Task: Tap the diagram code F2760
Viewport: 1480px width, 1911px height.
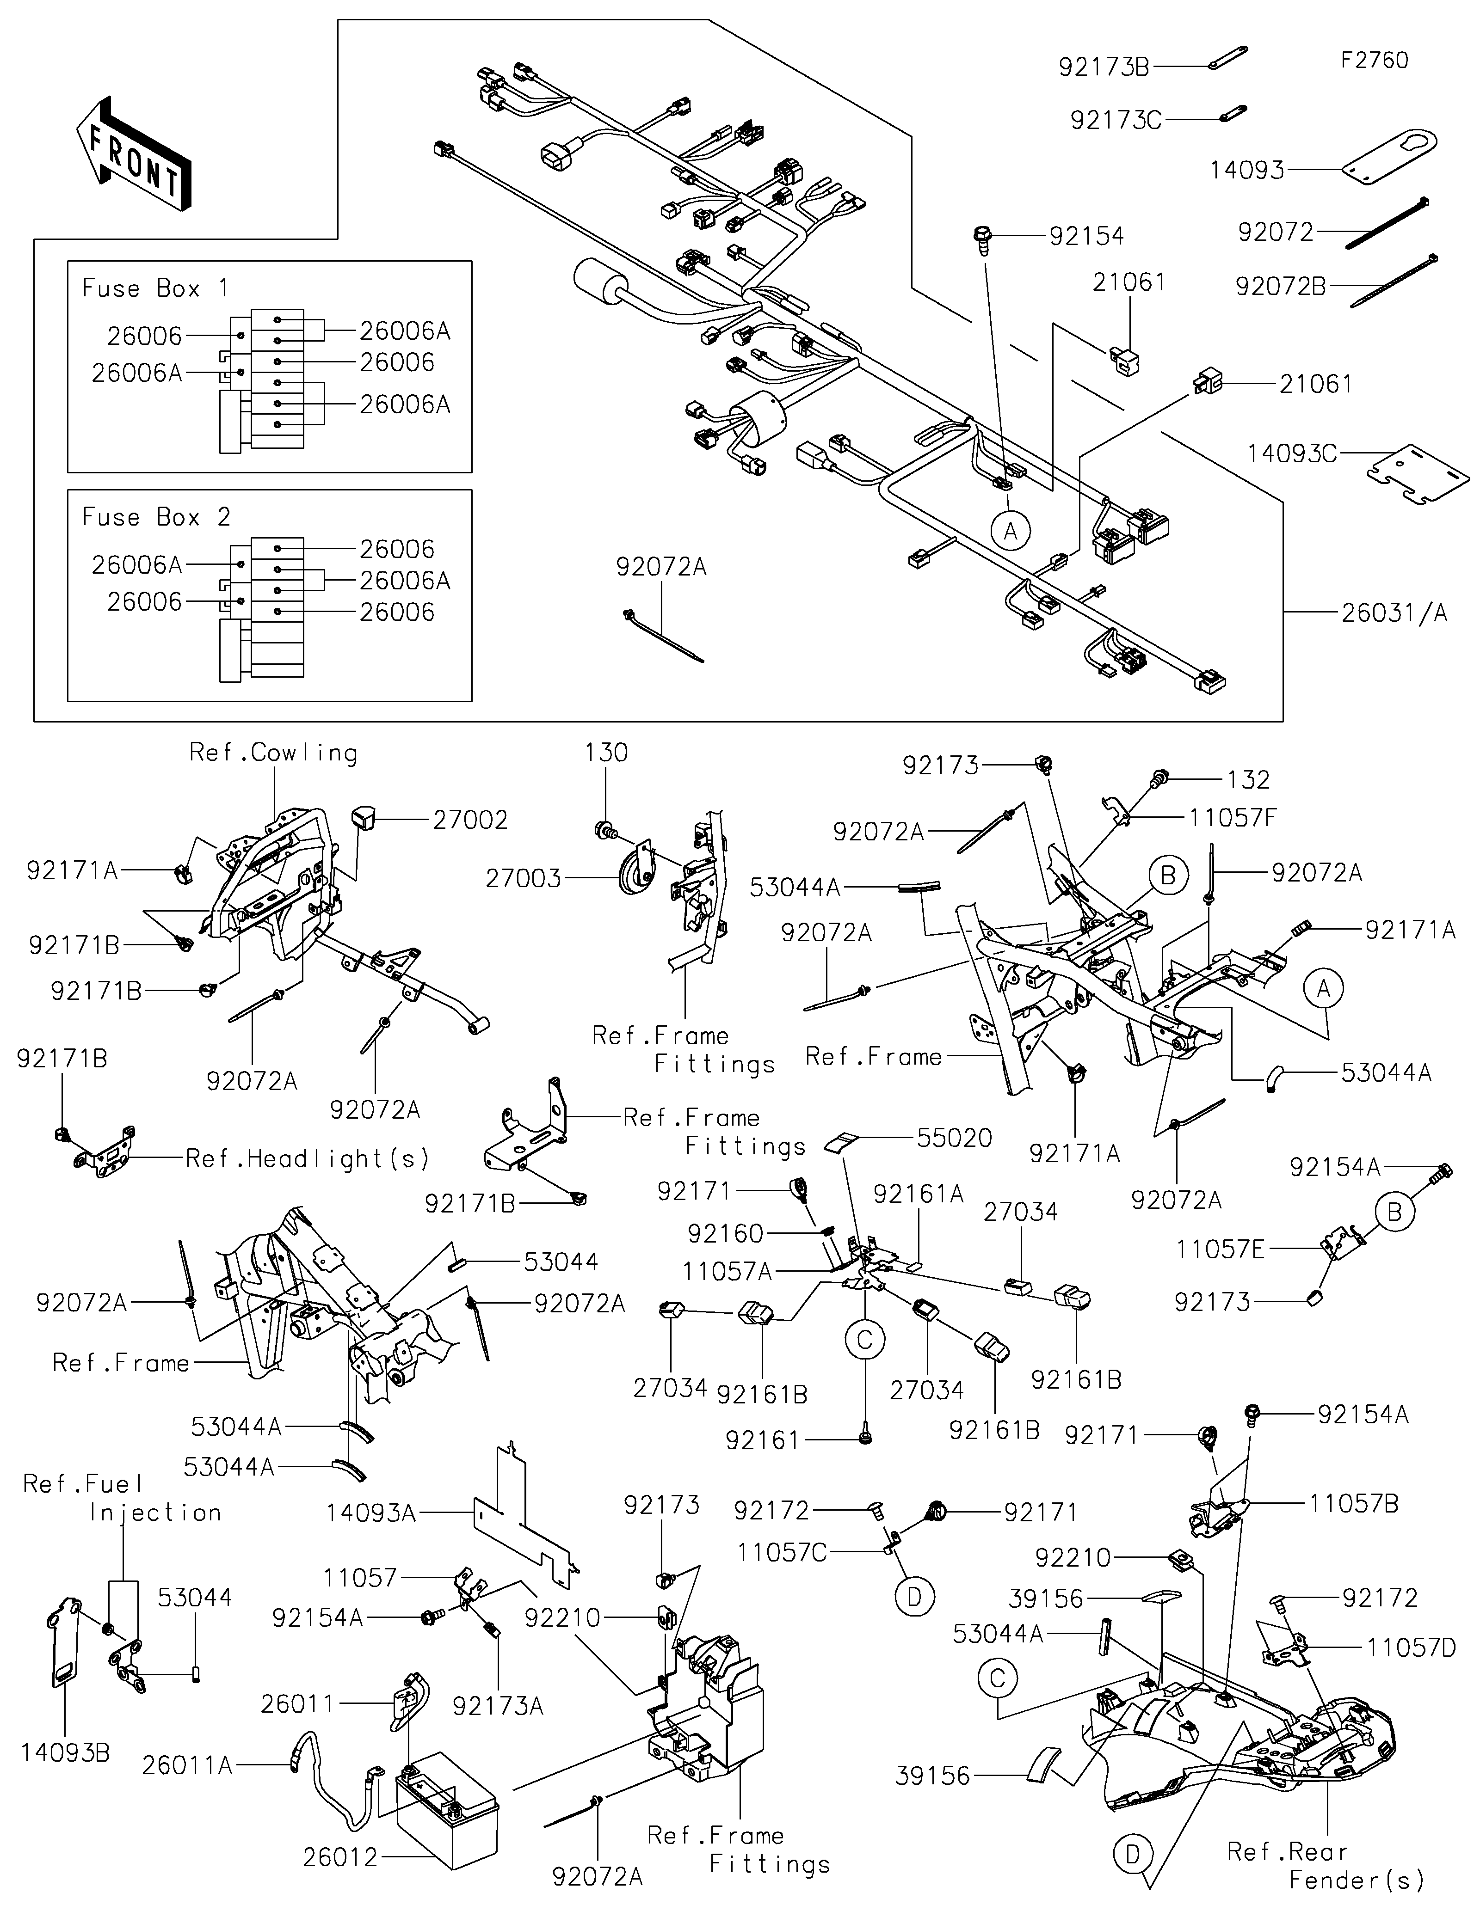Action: (1374, 61)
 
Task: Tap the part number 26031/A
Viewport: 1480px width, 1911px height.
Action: (1394, 613)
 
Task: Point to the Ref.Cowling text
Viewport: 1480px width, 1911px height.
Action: (273, 753)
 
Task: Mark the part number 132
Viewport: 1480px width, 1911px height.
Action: (1248, 780)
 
